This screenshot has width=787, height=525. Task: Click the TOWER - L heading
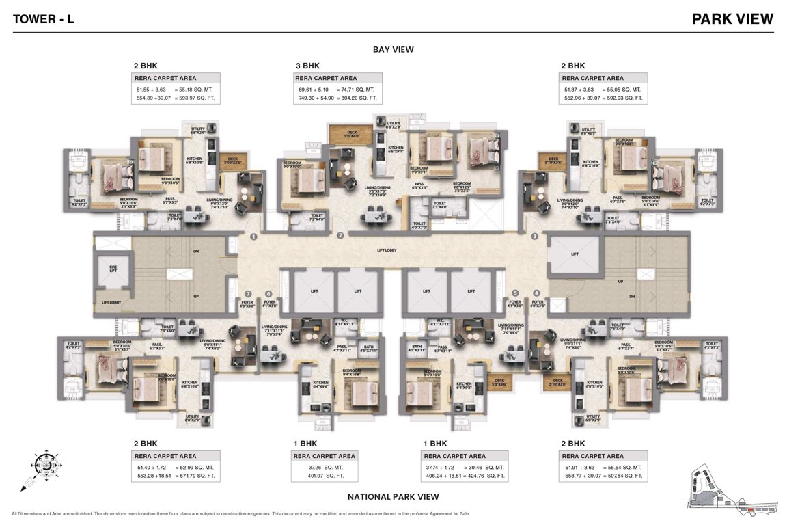(43, 19)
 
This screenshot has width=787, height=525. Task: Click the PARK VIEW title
(732, 18)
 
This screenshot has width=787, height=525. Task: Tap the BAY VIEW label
(393, 49)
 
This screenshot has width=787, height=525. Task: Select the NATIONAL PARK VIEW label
(393, 497)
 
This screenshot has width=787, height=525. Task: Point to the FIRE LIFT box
(114, 270)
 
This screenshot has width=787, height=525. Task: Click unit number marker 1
(253, 237)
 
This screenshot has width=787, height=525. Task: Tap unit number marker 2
(340, 236)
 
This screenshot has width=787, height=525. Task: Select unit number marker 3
(535, 237)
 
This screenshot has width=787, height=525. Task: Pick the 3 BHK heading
(307, 66)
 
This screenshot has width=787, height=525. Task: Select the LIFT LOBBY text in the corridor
(387, 250)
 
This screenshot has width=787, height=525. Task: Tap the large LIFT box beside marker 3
(574, 254)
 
